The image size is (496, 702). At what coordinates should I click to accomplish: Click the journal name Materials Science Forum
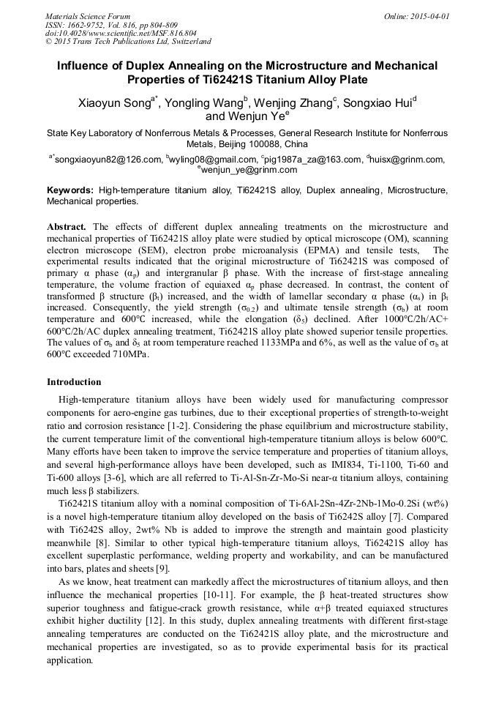(88, 15)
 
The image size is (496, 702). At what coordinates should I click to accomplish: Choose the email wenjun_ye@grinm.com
(249, 170)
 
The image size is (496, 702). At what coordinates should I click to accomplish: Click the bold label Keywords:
(70, 190)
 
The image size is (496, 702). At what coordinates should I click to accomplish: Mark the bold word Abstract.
(67, 227)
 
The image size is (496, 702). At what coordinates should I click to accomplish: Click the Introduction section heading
(74, 381)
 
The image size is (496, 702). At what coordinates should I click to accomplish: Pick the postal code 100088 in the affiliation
(251, 144)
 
